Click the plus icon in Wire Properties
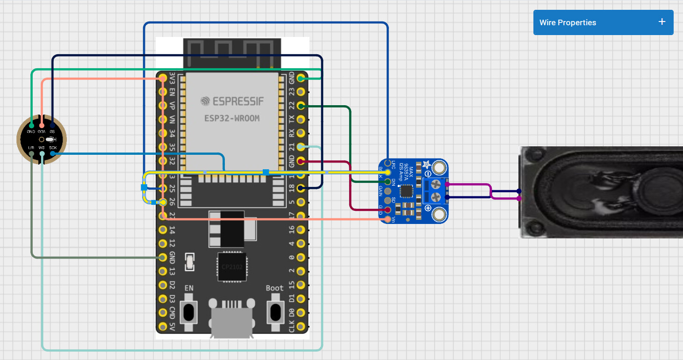tap(661, 22)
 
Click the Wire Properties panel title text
tap(568, 22)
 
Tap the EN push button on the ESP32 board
tap(189, 311)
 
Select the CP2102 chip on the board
tap(232, 267)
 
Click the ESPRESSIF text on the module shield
tap(232, 101)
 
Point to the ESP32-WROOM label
tap(232, 118)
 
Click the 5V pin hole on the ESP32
tap(163, 326)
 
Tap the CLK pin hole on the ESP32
tap(301, 326)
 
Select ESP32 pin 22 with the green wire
tap(301, 106)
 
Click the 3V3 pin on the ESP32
tap(163, 78)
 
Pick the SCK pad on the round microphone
tap(52, 153)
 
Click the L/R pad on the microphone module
tap(31, 153)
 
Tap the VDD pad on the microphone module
tap(42, 125)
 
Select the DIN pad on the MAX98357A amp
tap(388, 181)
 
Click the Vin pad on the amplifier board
tap(388, 219)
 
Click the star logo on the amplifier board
tap(426, 164)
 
